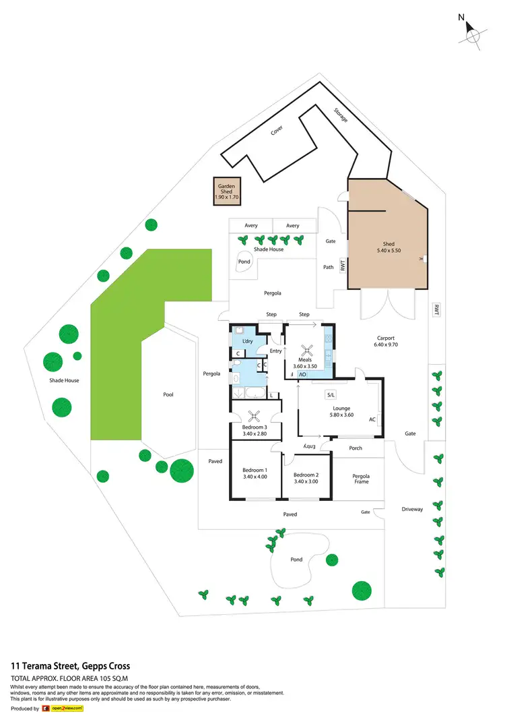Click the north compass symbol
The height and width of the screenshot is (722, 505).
(x=472, y=34)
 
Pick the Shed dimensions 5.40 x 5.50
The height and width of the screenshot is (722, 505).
(x=389, y=251)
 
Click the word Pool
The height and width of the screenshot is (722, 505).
(x=168, y=394)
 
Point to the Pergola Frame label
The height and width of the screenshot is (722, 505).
(x=361, y=479)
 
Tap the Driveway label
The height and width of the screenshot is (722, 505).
(x=412, y=509)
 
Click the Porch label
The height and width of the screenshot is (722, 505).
(x=356, y=448)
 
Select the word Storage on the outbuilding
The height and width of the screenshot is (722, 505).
(x=341, y=115)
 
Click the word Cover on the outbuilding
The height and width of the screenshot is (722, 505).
(x=277, y=130)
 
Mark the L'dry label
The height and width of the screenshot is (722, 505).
(x=246, y=342)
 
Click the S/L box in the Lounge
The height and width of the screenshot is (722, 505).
(x=331, y=394)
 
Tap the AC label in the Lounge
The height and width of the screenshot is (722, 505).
(x=372, y=419)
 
